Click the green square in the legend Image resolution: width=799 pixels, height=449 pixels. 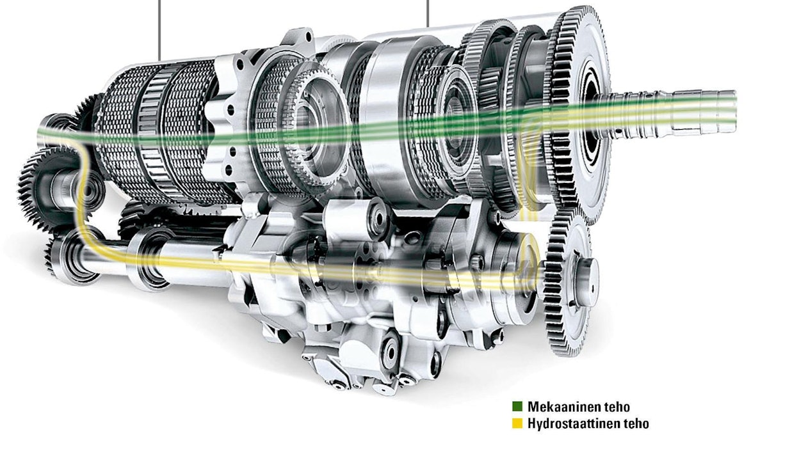pyautogui.click(x=517, y=406)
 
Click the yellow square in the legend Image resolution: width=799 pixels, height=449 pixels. pyautogui.click(x=517, y=423)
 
